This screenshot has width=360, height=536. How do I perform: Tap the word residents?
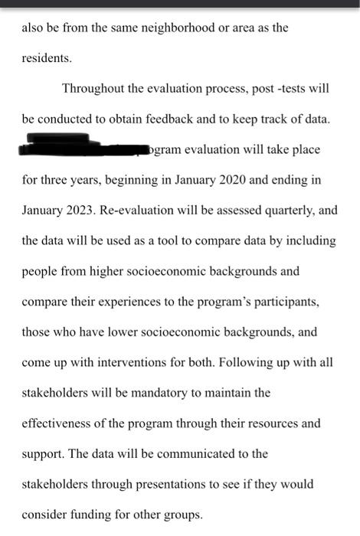(x=46, y=57)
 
